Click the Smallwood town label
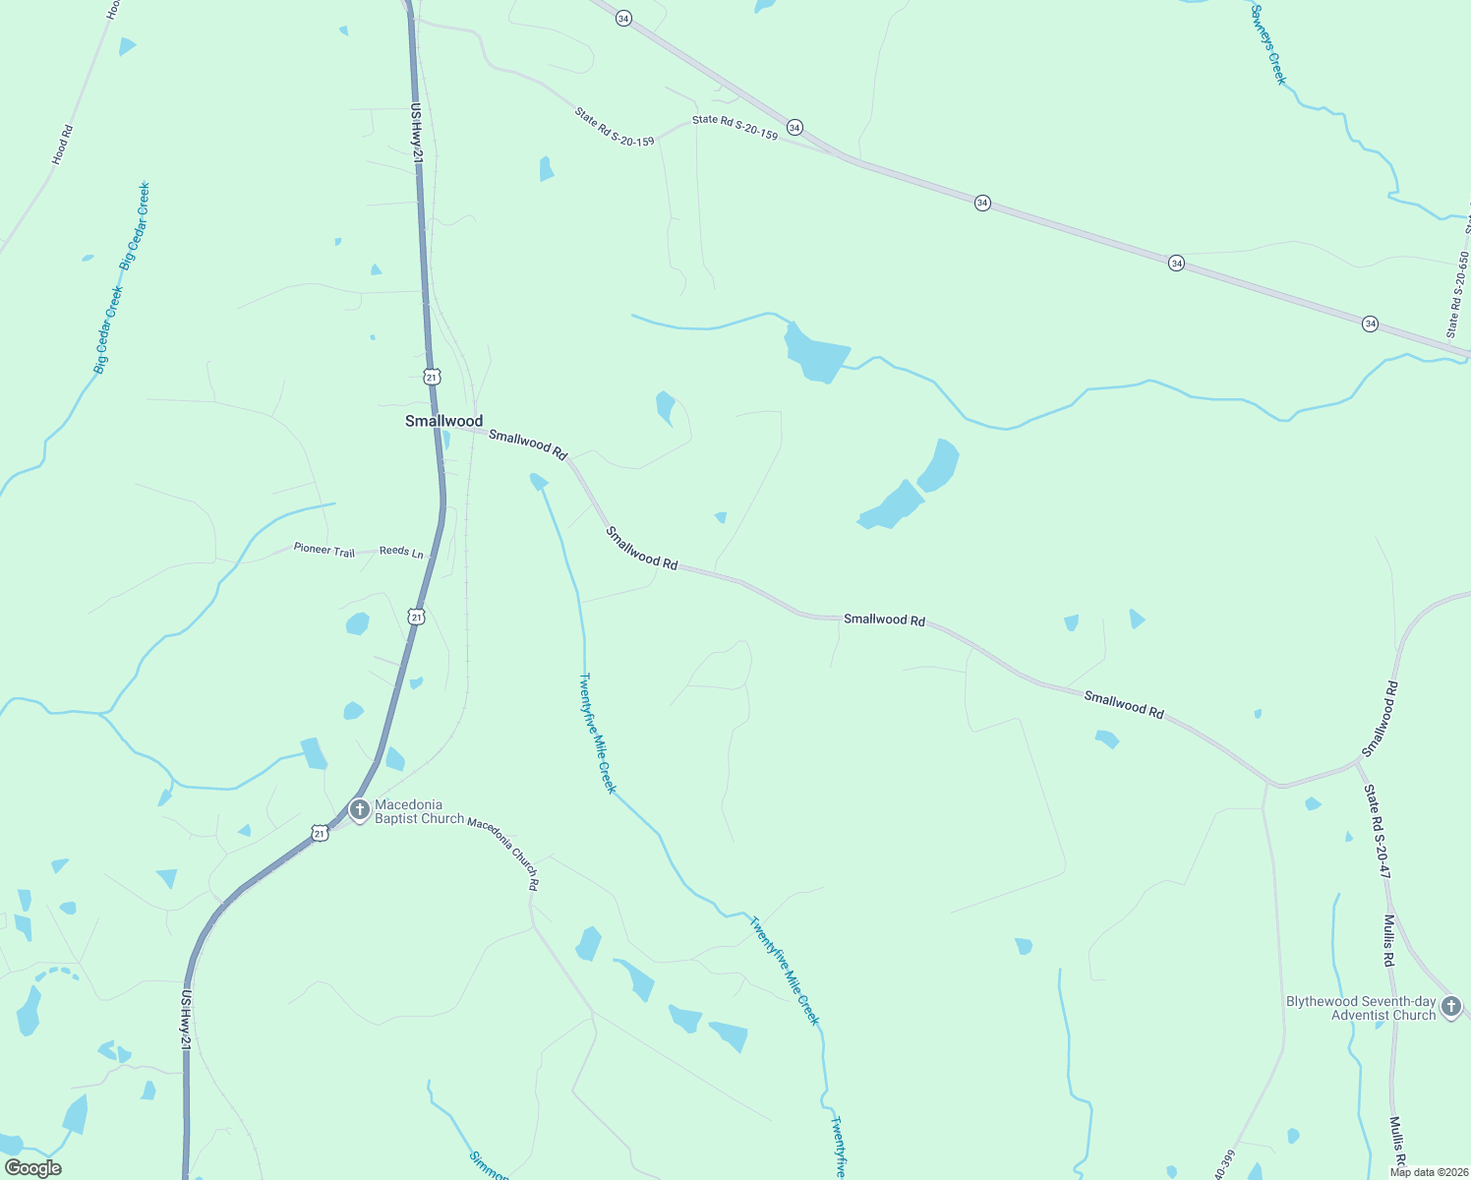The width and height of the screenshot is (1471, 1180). [x=443, y=421]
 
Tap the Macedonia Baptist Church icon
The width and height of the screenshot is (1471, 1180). [x=360, y=810]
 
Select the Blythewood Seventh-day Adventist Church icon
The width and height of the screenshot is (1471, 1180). [x=1451, y=1007]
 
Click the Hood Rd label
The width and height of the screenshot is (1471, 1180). [x=63, y=144]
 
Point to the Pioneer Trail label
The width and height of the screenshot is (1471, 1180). [x=324, y=550]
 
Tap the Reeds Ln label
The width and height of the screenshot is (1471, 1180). [x=401, y=552]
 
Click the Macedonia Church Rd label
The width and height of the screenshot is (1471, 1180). [x=503, y=853]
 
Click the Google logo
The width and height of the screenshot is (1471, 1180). [x=33, y=1168]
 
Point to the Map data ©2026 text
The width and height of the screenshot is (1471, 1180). [x=1428, y=1172]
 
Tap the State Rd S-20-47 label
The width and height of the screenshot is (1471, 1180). [x=1377, y=831]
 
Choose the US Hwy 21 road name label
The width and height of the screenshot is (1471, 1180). [x=417, y=133]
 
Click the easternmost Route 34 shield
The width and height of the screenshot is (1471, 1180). [x=1370, y=324]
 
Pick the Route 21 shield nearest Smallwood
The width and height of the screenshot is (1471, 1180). [x=433, y=377]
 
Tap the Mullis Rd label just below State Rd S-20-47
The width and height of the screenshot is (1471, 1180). [x=1388, y=940]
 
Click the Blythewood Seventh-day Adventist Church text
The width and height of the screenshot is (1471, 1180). [x=1361, y=1009]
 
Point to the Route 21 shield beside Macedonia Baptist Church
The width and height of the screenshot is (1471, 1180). [x=320, y=834]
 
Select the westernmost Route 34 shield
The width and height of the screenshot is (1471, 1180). [x=623, y=20]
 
